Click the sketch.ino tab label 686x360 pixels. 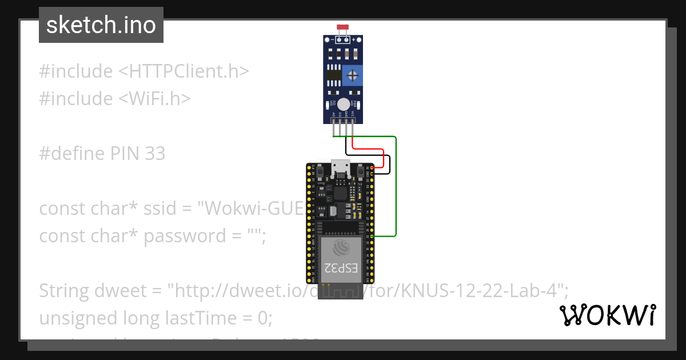pos(101,25)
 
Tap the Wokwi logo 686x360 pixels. pos(608,315)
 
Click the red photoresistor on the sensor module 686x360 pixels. pos(343,27)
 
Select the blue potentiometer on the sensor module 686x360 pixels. pos(353,75)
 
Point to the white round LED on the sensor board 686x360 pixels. pos(343,104)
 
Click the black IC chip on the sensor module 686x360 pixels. pos(333,75)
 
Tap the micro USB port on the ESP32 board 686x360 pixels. pos(341,167)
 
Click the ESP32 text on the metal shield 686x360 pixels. pos(341,268)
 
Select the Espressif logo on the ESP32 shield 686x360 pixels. pos(341,248)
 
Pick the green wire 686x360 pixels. pos(396,189)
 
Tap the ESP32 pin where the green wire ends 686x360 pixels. pos(372,235)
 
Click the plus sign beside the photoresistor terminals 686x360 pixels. pos(354,39)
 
